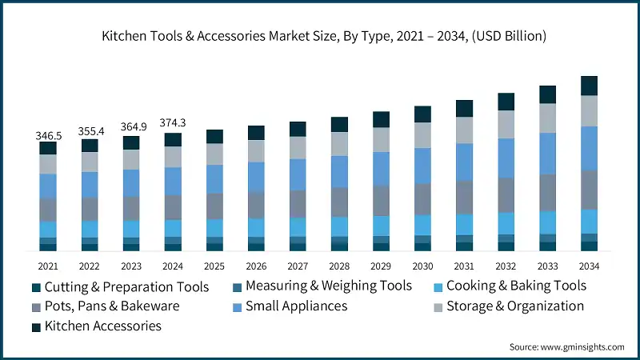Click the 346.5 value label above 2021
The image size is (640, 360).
[x=48, y=137]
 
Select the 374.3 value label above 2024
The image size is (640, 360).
[x=173, y=122]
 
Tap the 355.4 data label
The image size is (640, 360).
[x=90, y=131]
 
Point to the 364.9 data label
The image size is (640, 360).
[x=131, y=127]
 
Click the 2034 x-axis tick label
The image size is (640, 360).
[x=590, y=266]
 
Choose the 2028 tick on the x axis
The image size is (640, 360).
[x=339, y=266]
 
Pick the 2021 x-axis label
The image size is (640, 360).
[x=48, y=266]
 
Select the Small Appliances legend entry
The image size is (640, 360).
[x=296, y=306]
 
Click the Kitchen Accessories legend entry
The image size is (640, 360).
[x=103, y=326]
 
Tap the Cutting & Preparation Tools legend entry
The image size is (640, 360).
[x=126, y=286]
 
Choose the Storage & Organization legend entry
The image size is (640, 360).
[x=515, y=306]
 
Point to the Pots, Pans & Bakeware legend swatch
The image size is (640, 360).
[x=36, y=306]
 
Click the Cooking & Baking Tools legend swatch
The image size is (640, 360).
[x=438, y=286]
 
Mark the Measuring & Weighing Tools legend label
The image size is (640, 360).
[x=328, y=286]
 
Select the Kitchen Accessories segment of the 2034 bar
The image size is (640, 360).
[x=590, y=86]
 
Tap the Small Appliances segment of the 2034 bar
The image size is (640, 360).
[x=590, y=148]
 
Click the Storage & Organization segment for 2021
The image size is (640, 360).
[x=48, y=164]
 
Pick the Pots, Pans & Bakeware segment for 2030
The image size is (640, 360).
[x=422, y=198]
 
